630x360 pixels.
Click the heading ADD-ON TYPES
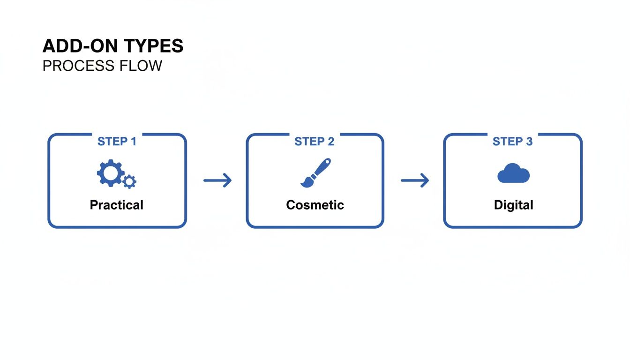click(113, 46)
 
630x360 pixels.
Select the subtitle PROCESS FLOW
click(102, 66)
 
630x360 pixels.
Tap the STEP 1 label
click(117, 142)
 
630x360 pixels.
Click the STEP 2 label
click(315, 142)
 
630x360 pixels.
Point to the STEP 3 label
click(512, 142)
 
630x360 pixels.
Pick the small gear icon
click(129, 181)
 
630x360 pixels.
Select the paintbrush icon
click(315, 173)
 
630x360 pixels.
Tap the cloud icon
click(513, 174)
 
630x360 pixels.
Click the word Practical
click(117, 205)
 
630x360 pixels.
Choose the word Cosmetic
click(315, 205)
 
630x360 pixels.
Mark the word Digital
click(513, 205)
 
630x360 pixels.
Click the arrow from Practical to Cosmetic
click(217, 180)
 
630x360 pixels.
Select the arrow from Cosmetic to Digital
click(415, 180)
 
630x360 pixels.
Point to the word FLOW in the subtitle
click(143, 66)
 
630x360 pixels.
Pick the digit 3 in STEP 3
click(529, 142)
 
